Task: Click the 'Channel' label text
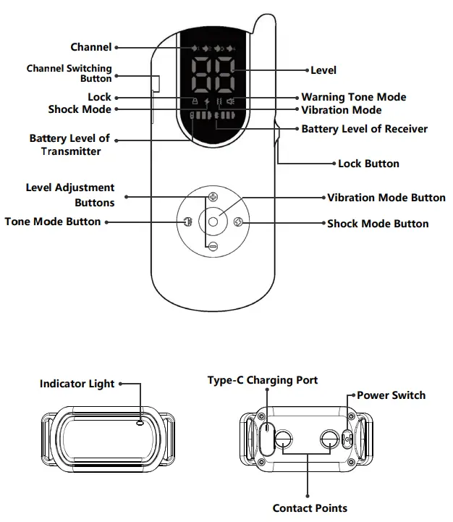tap(90, 48)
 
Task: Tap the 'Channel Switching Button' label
tap(69, 73)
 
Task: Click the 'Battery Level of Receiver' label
tap(364, 129)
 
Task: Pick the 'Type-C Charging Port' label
tap(263, 380)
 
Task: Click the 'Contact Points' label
tap(310, 508)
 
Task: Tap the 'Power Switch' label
tap(391, 395)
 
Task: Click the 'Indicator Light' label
tap(77, 384)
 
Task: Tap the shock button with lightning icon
tap(241, 222)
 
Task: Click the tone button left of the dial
tap(185, 222)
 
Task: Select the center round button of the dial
tap(213, 222)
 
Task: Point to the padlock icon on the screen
tap(195, 101)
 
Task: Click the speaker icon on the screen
tap(231, 101)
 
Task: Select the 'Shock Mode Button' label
tap(378, 224)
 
